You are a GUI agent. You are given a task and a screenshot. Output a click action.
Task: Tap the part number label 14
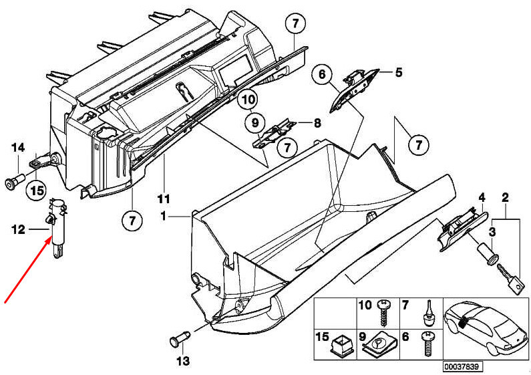pyautogui.click(x=17, y=148)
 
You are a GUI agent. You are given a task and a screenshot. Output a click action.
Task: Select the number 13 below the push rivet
pyautogui.click(x=183, y=362)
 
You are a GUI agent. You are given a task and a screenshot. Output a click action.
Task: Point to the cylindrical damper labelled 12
pyautogui.click(x=57, y=227)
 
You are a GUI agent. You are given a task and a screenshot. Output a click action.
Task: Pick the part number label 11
pyautogui.click(x=164, y=199)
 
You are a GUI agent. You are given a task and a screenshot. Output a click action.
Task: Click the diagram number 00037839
pyautogui.click(x=462, y=367)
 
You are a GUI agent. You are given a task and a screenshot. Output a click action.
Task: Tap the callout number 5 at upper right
pyautogui.click(x=399, y=72)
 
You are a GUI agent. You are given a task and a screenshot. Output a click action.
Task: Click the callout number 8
pyautogui.click(x=317, y=122)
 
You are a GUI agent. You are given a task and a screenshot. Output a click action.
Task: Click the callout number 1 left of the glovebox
pyautogui.click(x=162, y=217)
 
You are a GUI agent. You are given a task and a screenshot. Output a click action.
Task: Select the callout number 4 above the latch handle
pyautogui.click(x=480, y=197)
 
